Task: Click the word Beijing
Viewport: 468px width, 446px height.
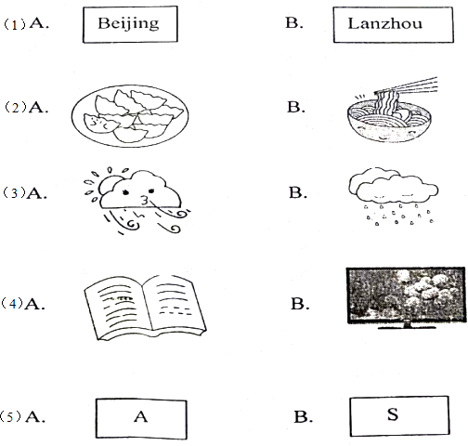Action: point(128,24)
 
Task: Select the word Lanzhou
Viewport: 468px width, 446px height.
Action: point(385,23)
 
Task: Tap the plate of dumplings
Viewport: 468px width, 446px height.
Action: point(130,115)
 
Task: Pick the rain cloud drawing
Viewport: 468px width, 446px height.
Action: point(394,196)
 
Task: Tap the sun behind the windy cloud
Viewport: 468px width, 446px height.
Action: point(107,185)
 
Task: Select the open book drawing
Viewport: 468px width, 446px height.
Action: point(145,308)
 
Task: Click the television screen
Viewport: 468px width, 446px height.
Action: point(406,295)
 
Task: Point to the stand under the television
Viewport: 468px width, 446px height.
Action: point(407,325)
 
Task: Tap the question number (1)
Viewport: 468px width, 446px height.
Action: point(14,24)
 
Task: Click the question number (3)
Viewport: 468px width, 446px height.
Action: point(14,192)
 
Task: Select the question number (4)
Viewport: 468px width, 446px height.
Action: point(12,304)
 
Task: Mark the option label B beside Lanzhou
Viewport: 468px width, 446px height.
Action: point(294,22)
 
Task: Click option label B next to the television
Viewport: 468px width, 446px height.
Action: point(300,304)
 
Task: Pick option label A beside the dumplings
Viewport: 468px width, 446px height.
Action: point(38,107)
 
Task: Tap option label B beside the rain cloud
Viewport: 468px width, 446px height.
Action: point(298,192)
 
